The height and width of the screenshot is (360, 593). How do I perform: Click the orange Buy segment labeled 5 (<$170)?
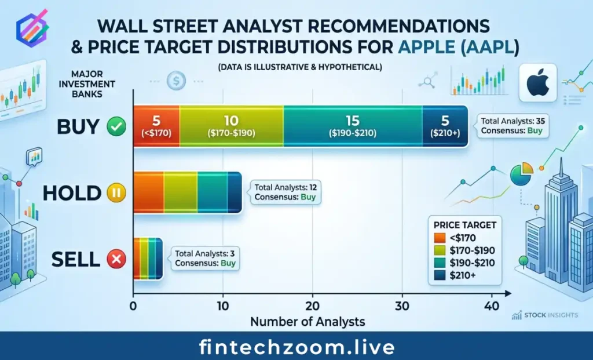point(156,127)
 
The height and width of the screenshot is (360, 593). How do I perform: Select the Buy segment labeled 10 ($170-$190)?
point(231,127)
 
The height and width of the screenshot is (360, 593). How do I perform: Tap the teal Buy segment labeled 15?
point(352,127)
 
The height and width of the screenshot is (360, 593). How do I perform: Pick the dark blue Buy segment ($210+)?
point(445,127)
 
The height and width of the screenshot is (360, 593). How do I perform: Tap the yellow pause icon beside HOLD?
point(116,192)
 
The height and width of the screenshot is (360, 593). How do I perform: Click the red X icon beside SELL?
point(116,260)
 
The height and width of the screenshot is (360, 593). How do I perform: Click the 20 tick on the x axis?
point(313,306)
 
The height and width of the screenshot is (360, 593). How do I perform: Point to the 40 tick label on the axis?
point(492,306)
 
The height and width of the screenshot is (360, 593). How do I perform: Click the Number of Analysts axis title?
point(308,321)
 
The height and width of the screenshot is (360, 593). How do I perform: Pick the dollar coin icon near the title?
point(175,81)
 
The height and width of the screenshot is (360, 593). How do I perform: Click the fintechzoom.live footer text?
point(296,347)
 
